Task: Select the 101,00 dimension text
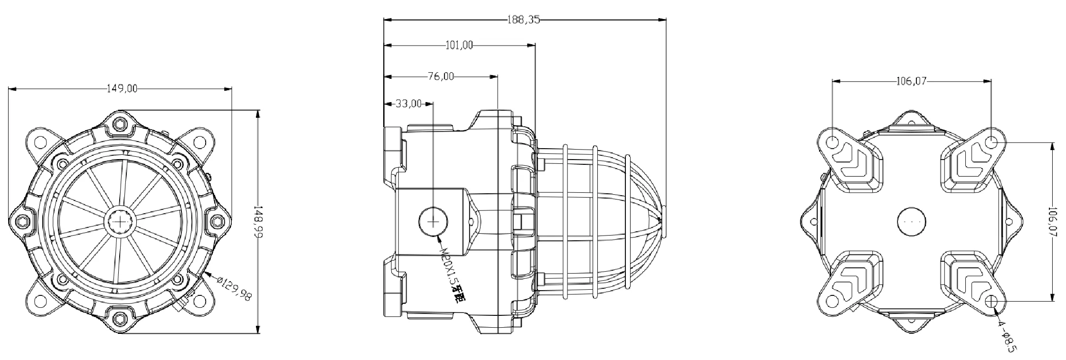click(x=459, y=46)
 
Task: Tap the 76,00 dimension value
click(x=440, y=76)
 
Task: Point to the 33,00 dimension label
click(x=408, y=104)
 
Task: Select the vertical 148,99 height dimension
click(x=258, y=221)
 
